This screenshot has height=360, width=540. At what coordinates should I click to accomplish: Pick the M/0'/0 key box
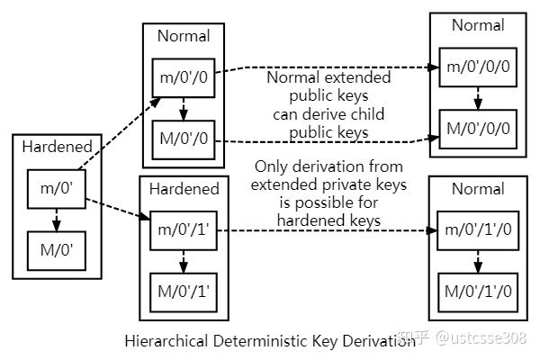click(183, 140)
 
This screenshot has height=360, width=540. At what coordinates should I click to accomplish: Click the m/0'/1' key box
click(183, 230)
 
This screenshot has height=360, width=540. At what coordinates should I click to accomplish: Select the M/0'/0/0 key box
click(477, 127)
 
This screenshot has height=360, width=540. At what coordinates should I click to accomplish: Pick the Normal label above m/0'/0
click(183, 36)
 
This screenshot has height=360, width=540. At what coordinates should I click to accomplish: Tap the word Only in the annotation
click(271, 167)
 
